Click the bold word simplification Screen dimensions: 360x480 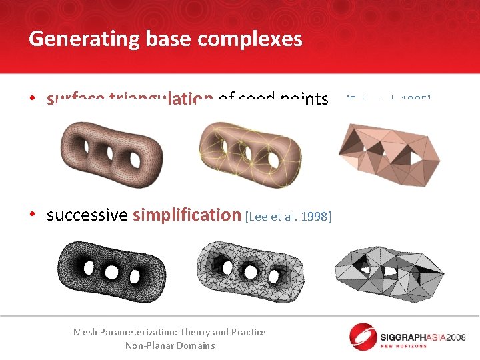187,215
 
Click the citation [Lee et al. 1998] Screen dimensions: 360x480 288,217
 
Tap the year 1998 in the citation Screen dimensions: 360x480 317,217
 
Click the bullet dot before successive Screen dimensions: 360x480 33,216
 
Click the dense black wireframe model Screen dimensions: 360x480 111,269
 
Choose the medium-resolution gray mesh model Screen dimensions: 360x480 251,271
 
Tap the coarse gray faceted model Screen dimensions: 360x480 388,273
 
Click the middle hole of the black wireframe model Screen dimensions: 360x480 112,272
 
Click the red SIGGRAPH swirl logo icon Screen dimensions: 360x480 364,337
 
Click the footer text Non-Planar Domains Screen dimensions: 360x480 170,345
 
